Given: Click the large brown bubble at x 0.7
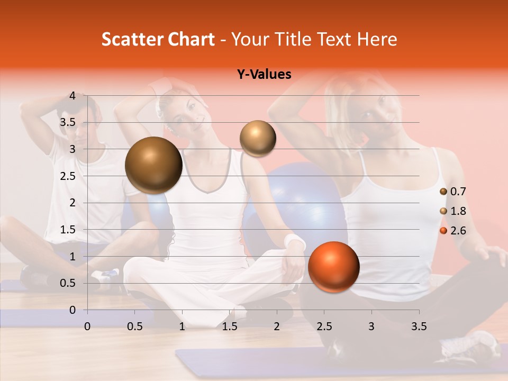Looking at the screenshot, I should pyautogui.click(x=154, y=165).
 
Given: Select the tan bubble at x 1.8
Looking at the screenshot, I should pyautogui.click(x=258, y=138).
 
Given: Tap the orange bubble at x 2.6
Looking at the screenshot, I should pyautogui.click(x=333, y=267).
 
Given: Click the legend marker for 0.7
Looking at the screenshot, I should pyautogui.click(x=443, y=192).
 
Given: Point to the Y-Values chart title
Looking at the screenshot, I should pyautogui.click(x=264, y=75).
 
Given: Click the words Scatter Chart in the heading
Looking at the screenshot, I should pyautogui.click(x=158, y=39).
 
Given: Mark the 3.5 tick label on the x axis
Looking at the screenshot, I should pyautogui.click(x=419, y=326).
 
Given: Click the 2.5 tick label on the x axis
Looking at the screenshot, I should pyautogui.click(x=324, y=326).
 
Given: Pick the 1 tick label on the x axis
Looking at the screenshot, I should pyautogui.click(x=182, y=326).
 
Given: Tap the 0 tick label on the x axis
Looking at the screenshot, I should pyautogui.click(x=87, y=326).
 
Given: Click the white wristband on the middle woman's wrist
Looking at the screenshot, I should pyautogui.click(x=295, y=242).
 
